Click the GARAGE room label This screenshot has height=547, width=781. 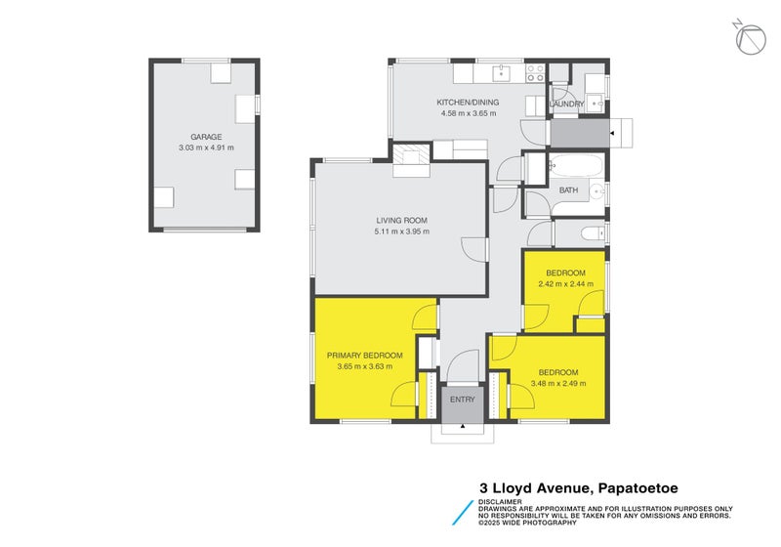coord(206,138)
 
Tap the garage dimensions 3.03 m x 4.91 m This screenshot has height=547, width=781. coord(206,147)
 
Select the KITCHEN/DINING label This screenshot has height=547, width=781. coord(469,103)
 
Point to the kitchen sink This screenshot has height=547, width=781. coord(502,71)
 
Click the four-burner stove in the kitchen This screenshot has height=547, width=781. coord(535,71)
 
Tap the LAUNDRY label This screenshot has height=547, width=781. coord(567,104)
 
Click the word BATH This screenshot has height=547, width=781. coord(568,190)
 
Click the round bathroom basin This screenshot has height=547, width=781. coord(596,192)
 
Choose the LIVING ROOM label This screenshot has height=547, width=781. coord(402,221)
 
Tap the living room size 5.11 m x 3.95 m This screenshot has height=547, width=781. coord(402,231)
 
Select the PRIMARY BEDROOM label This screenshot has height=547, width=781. coord(364,356)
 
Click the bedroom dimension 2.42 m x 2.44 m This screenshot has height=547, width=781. coord(565,283)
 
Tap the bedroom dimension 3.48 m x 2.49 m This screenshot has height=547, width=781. coord(558,383)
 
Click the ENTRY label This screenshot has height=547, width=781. coord(463,400)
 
